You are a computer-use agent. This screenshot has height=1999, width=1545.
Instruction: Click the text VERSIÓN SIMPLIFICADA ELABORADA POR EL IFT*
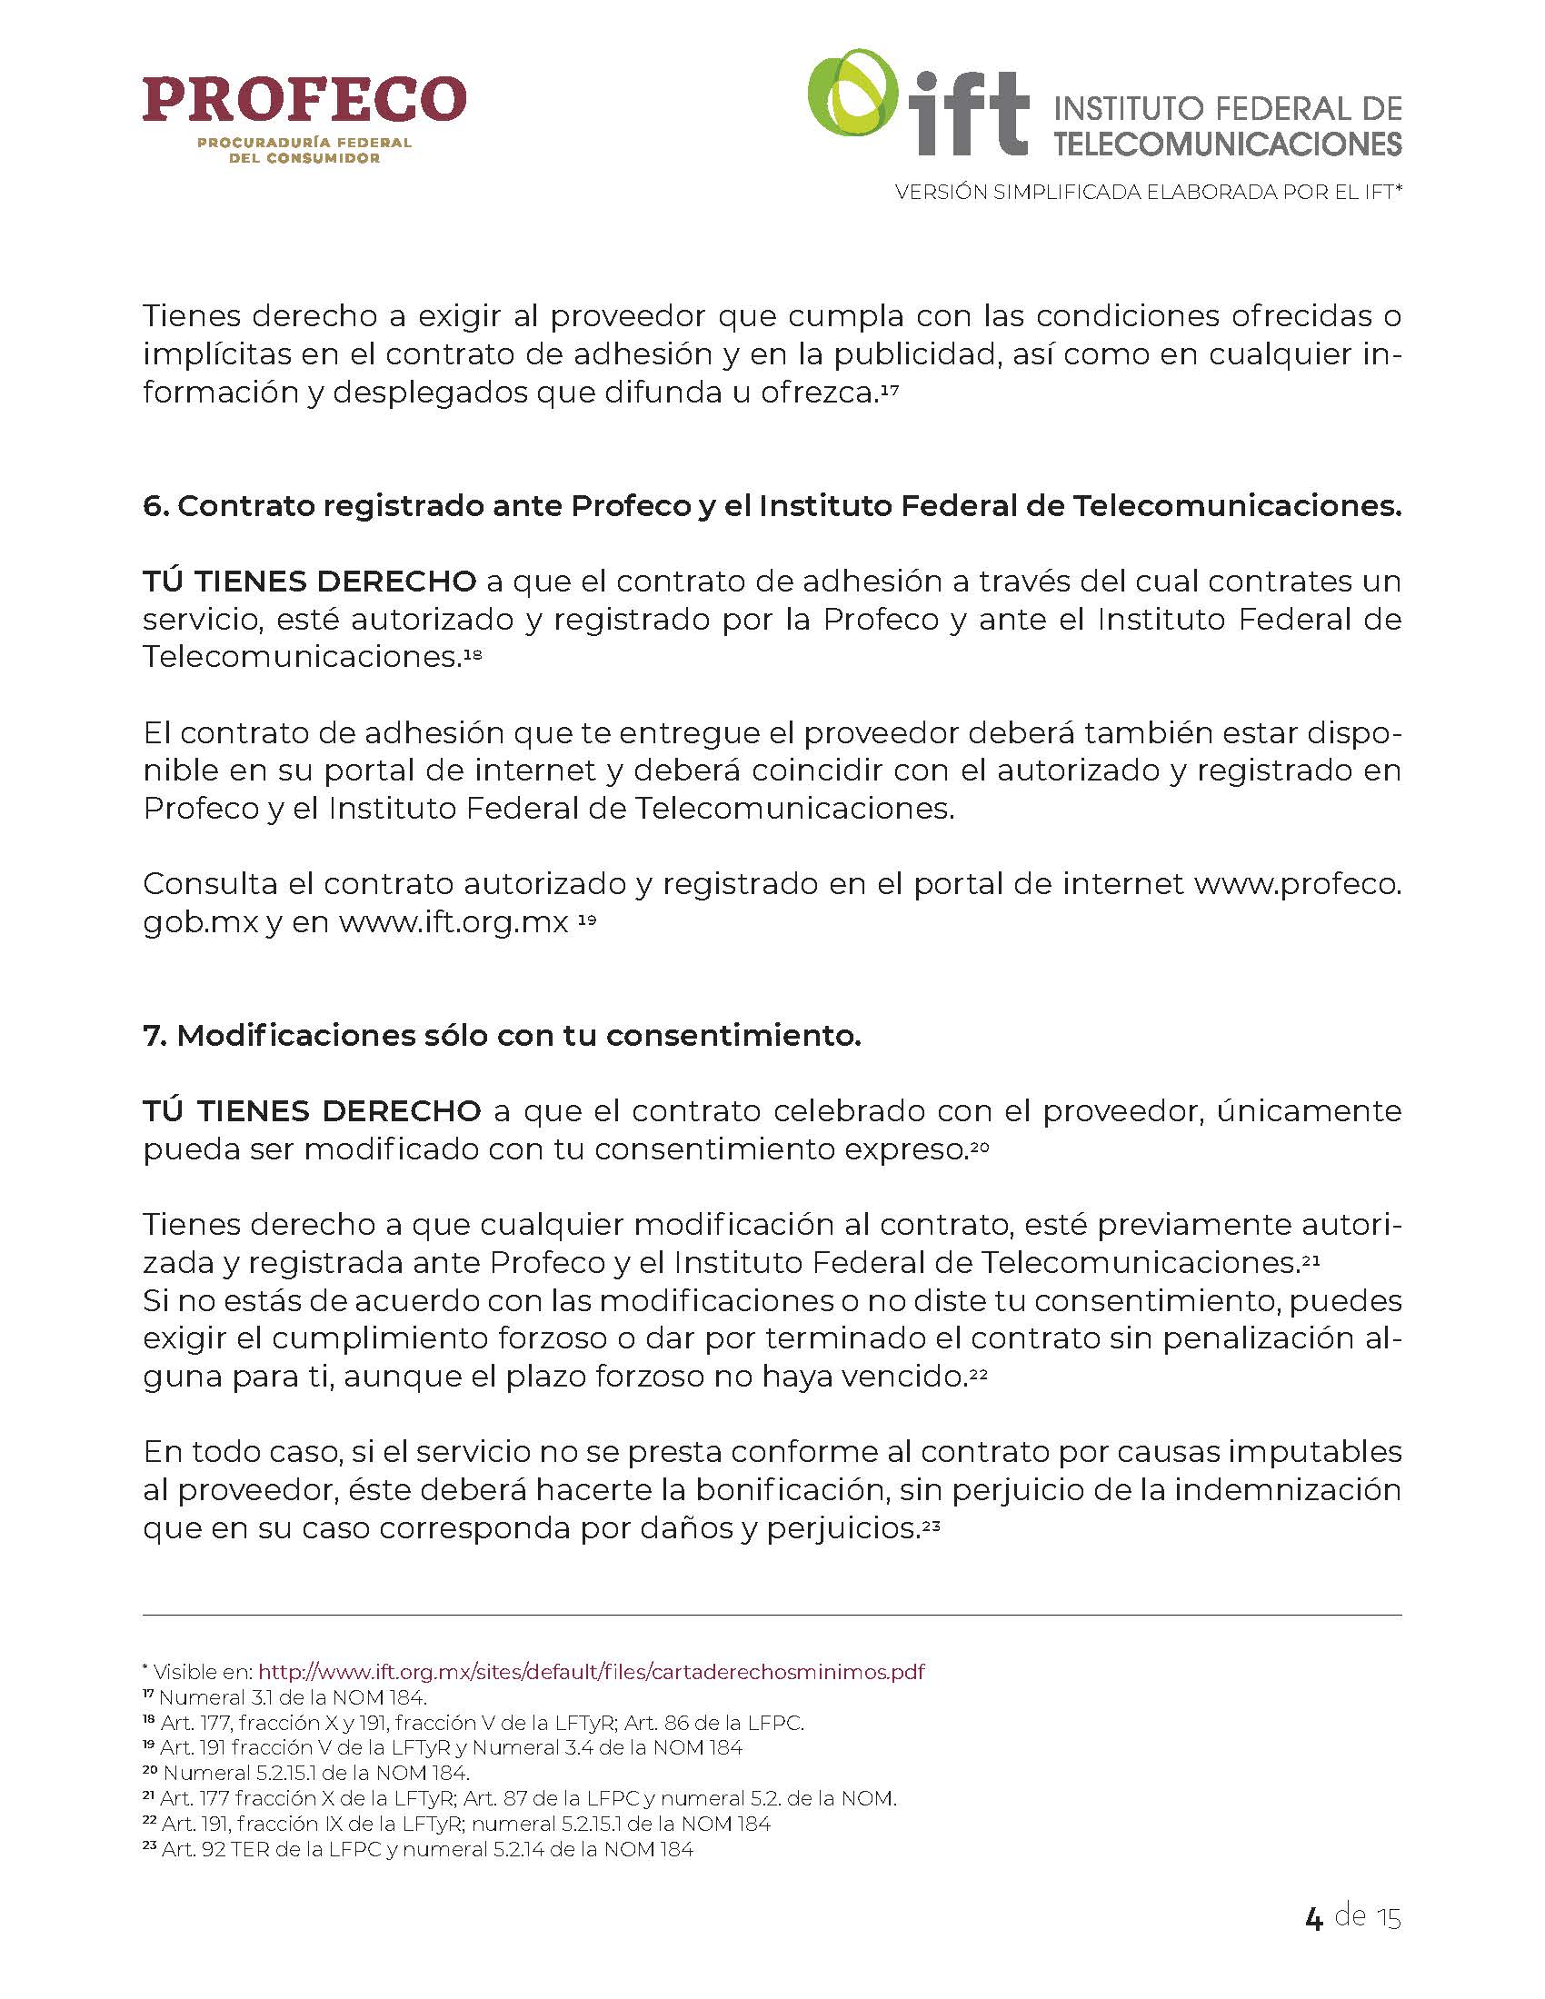click(x=1149, y=193)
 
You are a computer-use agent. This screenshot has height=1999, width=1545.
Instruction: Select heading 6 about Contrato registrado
click(x=772, y=506)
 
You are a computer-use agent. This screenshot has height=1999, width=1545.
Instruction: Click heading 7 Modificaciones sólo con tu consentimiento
click(x=502, y=1035)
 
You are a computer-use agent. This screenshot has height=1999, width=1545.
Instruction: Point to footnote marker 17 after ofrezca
click(x=890, y=391)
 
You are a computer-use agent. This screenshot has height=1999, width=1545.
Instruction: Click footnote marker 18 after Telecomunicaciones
click(x=473, y=654)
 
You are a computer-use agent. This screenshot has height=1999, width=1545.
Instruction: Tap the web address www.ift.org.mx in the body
click(x=454, y=921)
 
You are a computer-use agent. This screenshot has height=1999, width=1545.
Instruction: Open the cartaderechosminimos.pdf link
click(x=592, y=1672)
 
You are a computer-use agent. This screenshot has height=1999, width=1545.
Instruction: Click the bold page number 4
click(x=1313, y=1917)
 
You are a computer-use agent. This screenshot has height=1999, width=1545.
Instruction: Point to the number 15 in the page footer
click(x=1389, y=1917)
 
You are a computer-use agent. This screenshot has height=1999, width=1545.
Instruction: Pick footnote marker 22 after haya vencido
click(x=979, y=1375)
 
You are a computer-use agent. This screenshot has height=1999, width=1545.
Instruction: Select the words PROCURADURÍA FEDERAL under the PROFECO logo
click(x=304, y=143)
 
